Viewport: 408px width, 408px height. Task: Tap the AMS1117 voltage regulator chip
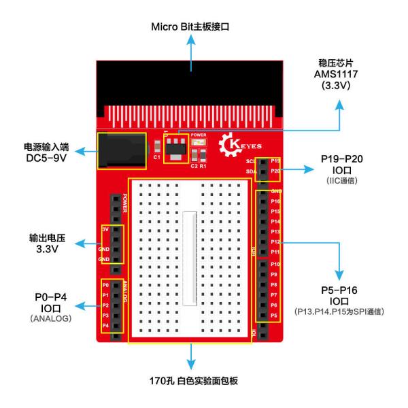pos(176,148)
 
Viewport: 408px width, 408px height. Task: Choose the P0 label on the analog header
pos(105,285)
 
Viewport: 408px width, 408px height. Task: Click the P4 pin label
pos(105,326)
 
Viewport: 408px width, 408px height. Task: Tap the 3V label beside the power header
pos(105,229)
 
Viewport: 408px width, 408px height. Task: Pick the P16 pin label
pos(275,202)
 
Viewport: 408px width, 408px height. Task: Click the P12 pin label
pos(275,242)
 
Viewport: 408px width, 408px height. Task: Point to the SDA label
pos(250,171)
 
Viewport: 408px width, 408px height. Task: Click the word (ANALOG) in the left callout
pos(50,318)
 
